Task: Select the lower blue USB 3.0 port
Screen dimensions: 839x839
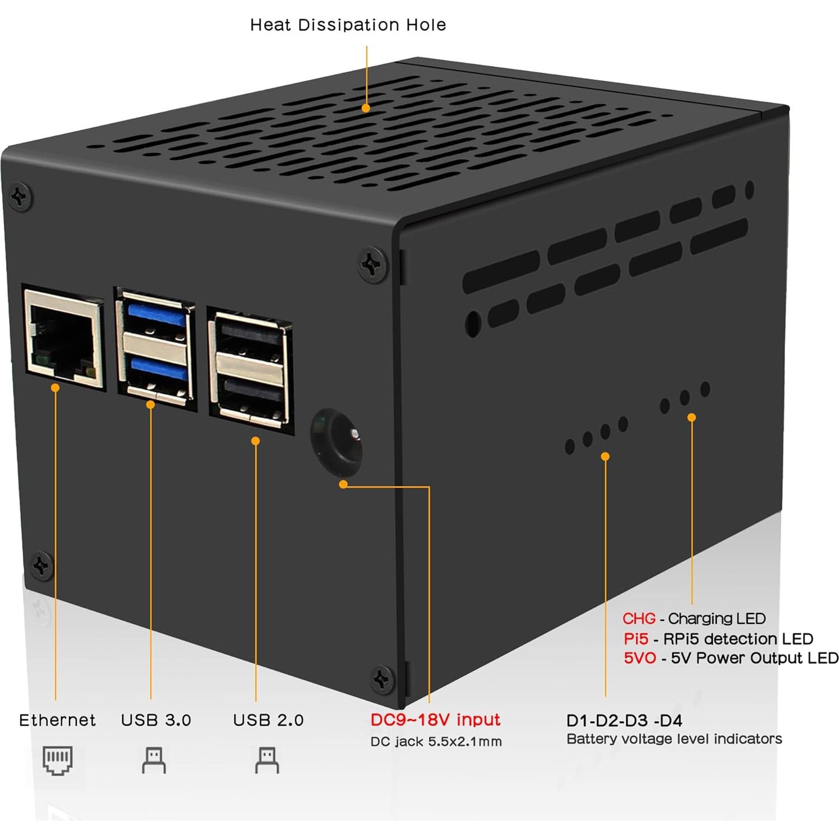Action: point(158,371)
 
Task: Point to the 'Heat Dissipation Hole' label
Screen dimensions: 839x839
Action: point(348,25)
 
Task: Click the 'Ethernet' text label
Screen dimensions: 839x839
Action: point(57,720)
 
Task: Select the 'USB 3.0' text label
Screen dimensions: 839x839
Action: point(156,720)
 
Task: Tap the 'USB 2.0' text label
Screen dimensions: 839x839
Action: point(268,720)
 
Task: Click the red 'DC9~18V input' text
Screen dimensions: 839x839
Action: point(435,720)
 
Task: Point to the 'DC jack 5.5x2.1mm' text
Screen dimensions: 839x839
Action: point(436,741)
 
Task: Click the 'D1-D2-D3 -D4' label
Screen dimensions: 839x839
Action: point(624,721)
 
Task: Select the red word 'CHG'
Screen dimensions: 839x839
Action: point(639,619)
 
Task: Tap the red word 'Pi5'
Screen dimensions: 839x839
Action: point(636,639)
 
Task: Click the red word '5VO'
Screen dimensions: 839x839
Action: point(639,658)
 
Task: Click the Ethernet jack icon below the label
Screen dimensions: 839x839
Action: point(57,760)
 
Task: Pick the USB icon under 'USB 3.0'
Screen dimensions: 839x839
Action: point(154,760)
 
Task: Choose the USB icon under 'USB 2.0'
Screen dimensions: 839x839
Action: point(267,760)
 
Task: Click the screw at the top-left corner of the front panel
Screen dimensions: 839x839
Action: point(20,197)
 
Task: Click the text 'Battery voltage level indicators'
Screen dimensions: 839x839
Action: point(674,739)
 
